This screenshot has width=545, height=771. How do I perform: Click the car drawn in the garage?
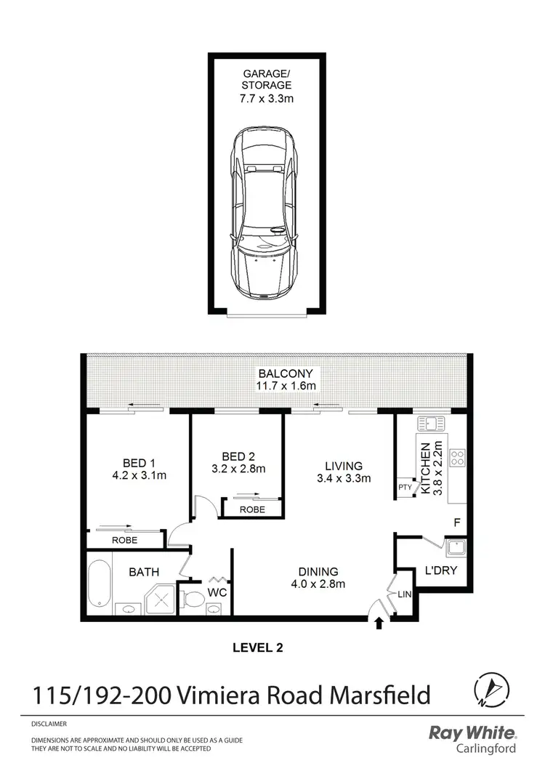pyautogui.click(x=265, y=215)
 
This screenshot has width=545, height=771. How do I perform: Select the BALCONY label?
pyautogui.click(x=275, y=374)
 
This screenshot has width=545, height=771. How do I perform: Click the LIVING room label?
pyautogui.click(x=343, y=465)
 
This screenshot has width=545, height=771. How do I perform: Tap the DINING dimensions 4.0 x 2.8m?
pyautogui.click(x=315, y=584)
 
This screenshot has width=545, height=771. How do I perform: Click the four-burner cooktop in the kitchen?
pyautogui.click(x=458, y=458)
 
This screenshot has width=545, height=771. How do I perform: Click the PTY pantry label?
pyautogui.click(x=404, y=487)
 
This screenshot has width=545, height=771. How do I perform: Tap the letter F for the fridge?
pyautogui.click(x=456, y=522)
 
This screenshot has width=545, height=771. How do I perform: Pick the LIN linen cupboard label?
pyautogui.click(x=404, y=594)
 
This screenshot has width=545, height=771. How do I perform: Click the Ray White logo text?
pyautogui.click(x=472, y=734)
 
